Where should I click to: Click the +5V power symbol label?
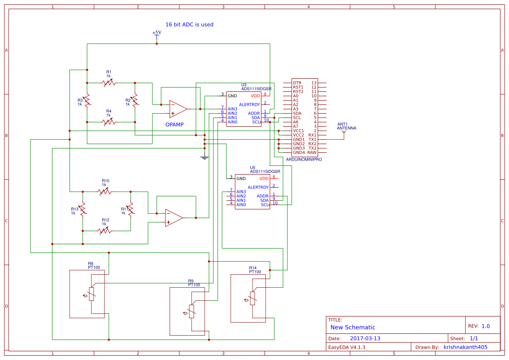(x=157, y=33)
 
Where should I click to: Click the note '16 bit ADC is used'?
(x=189, y=25)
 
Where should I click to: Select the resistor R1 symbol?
(x=109, y=83)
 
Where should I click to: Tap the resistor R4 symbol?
(x=109, y=122)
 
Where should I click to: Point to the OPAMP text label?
(x=175, y=125)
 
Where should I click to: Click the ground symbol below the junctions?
(x=204, y=157)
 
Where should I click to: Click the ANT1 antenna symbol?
(x=344, y=134)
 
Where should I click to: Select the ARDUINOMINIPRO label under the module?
(x=304, y=160)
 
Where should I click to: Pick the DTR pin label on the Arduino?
(x=297, y=83)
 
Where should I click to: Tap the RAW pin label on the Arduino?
(x=312, y=152)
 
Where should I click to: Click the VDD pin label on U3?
(x=255, y=96)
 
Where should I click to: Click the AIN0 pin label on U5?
(x=241, y=205)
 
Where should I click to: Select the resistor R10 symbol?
(x=105, y=192)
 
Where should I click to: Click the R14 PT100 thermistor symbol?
(x=253, y=298)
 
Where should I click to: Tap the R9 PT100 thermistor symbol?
(x=192, y=312)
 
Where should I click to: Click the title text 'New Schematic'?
(x=353, y=327)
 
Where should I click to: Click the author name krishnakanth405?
(x=465, y=347)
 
